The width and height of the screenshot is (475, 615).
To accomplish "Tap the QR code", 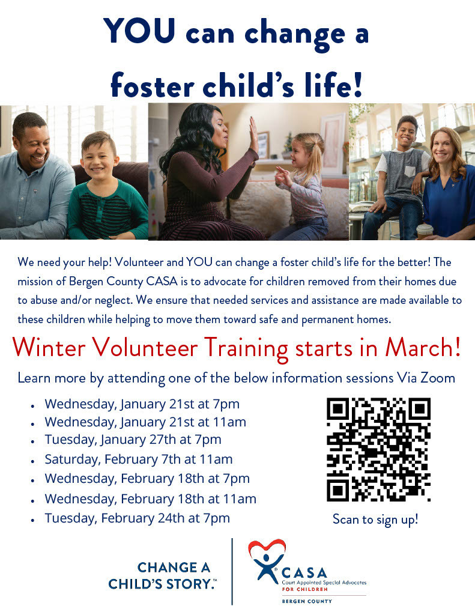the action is [378, 449].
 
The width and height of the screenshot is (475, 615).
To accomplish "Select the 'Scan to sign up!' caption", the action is [375, 520].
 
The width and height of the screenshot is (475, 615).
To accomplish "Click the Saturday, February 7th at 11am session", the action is [139, 459].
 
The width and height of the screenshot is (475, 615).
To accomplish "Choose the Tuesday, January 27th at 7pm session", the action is [133, 440].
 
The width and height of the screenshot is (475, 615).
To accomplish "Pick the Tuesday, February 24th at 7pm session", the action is [138, 518].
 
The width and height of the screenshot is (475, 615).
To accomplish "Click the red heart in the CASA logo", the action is [267, 549].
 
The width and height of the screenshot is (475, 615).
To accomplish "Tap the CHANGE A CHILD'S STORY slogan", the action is [162, 576].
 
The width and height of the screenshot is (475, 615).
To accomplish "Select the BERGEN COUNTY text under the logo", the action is [307, 601].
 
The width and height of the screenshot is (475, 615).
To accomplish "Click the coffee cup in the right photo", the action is [425, 232].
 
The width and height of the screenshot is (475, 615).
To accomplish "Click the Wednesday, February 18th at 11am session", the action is [151, 499].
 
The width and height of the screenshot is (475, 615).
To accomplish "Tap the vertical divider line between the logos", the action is [232, 572].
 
